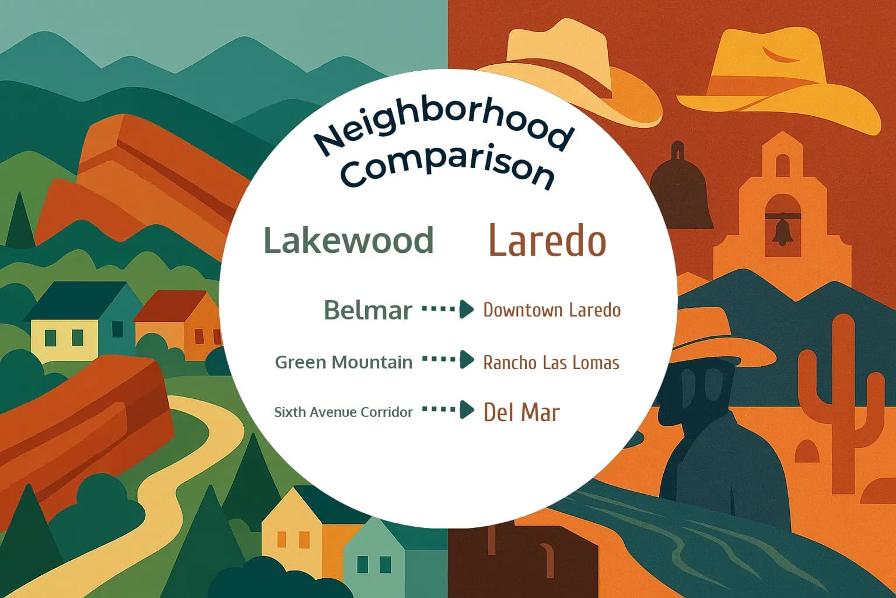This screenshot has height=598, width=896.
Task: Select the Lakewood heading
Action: pyautogui.click(x=348, y=240)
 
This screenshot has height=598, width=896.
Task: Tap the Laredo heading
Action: pyautogui.click(x=547, y=241)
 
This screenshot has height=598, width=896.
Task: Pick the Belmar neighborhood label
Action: pyautogui.click(x=367, y=310)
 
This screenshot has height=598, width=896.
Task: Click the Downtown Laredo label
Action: pyautogui.click(x=552, y=310)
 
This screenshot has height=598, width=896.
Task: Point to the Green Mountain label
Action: pyautogui.click(x=344, y=362)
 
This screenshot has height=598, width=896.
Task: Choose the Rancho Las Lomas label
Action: pyautogui.click(x=551, y=363)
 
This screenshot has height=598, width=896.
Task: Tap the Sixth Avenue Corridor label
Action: pyautogui.click(x=343, y=412)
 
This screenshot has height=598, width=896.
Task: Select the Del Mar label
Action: pyautogui.click(x=521, y=413)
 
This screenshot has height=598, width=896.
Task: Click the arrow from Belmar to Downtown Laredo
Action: pyautogui.click(x=448, y=309)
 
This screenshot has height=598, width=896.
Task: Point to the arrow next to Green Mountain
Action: pyautogui.click(x=448, y=360)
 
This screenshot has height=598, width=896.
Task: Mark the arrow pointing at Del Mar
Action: pyautogui.click(x=448, y=410)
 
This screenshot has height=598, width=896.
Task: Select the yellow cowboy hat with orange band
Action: pyautogui.click(x=779, y=76)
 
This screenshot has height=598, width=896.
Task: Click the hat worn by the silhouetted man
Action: pyautogui.click(x=717, y=339)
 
